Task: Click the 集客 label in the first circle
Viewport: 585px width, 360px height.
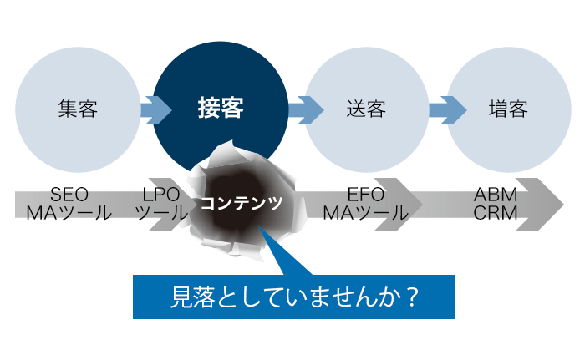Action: tap(78, 109)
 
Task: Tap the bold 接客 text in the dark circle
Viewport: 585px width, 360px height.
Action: tap(221, 109)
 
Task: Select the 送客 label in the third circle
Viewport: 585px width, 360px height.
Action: tap(365, 109)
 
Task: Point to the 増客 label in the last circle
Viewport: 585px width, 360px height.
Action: tap(508, 109)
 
